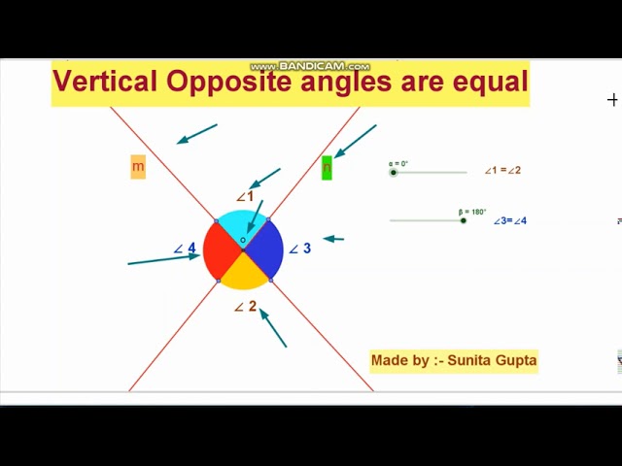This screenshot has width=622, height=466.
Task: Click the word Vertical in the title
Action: click(106, 82)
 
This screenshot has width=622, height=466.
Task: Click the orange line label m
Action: click(138, 167)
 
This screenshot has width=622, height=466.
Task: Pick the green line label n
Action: click(327, 167)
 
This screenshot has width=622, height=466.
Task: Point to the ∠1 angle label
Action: click(245, 196)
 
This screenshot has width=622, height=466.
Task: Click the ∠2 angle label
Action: click(246, 307)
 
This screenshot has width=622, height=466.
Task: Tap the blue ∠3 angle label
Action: click(300, 249)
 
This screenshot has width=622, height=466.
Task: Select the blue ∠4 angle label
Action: click(185, 249)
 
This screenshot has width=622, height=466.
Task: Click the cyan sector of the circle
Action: click(243, 225)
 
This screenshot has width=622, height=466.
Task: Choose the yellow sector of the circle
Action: click(243, 274)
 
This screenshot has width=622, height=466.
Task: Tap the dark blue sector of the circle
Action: click(264, 250)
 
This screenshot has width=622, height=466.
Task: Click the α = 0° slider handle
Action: click(393, 172)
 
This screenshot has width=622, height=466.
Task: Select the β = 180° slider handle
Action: click(463, 220)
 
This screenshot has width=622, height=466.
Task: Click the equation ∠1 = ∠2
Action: click(502, 171)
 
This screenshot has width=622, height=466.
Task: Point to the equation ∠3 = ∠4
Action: click(509, 220)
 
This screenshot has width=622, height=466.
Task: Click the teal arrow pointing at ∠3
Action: click(333, 238)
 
